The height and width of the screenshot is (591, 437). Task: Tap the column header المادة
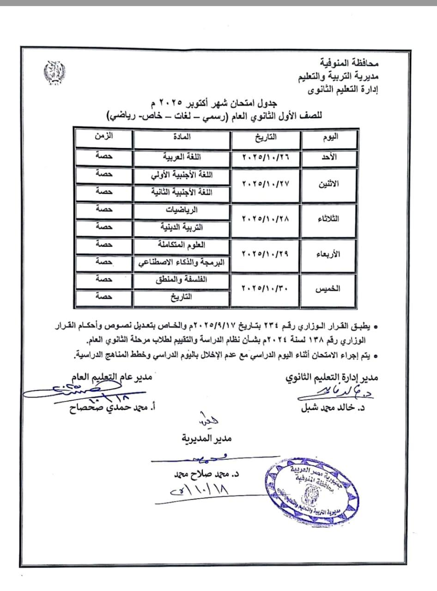click(x=182, y=137)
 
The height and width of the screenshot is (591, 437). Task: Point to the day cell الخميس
click(x=328, y=289)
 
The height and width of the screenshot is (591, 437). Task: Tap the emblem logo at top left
click(x=54, y=72)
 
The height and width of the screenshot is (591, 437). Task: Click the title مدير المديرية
click(x=206, y=438)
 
